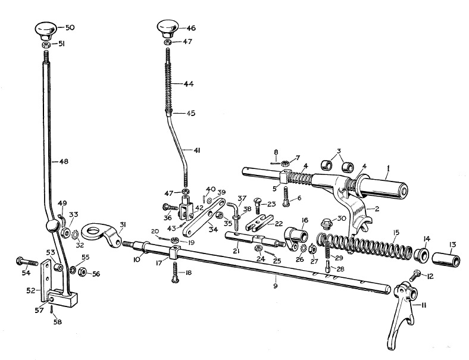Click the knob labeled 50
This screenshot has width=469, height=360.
click(46, 31)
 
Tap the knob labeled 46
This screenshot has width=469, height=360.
click(167, 29)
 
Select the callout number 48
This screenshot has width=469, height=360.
click(64, 162)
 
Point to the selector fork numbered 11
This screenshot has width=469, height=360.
click(402, 311)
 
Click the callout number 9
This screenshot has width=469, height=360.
click(276, 286)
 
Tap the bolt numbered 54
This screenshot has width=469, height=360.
click(27, 262)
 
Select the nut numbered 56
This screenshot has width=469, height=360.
click(82, 272)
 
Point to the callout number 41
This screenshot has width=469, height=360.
click(196, 151)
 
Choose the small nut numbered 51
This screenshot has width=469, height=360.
click(46, 45)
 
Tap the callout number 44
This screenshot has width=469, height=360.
click(189, 84)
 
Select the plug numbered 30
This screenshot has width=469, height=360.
click(327, 223)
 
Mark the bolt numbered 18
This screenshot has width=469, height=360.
click(174, 272)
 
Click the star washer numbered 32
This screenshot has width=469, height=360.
click(75, 234)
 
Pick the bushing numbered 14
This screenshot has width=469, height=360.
click(422, 254)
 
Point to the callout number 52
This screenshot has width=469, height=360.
click(31, 290)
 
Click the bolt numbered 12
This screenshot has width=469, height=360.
click(413, 275)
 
